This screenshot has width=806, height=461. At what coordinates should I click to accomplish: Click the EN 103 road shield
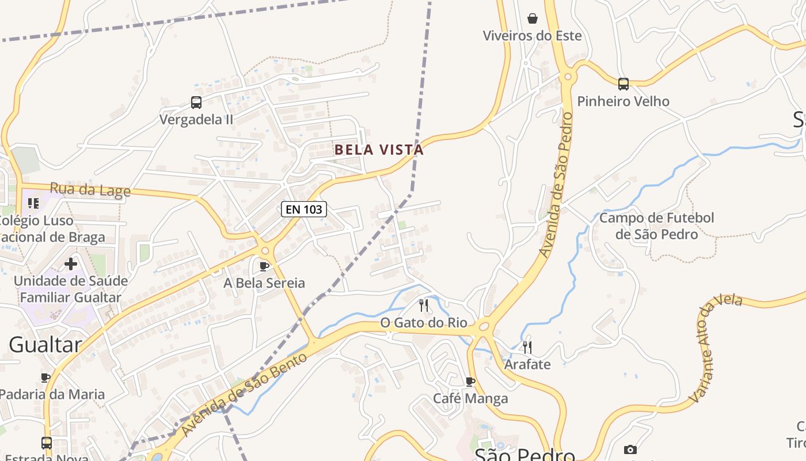point(304,209)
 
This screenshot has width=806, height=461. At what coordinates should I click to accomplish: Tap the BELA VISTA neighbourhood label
point(379,150)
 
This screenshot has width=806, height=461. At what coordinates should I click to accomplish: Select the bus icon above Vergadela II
point(196,103)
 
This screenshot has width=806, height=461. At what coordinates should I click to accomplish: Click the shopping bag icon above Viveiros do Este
point(533,18)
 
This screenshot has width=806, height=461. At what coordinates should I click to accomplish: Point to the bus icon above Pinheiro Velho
point(623,84)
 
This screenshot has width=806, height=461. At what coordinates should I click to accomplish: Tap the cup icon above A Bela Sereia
point(264,266)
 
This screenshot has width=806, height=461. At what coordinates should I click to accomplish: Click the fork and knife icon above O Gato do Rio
point(424,305)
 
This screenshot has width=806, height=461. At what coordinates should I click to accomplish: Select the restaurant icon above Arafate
point(527,347)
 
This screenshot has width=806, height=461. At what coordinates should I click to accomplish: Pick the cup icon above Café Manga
point(470,381)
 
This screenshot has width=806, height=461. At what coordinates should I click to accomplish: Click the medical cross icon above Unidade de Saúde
point(71,264)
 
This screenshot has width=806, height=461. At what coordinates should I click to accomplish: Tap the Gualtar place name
point(45,345)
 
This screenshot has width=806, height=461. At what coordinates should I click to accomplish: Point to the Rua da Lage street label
point(90,190)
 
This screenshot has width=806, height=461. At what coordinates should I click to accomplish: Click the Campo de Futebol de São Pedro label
point(656,226)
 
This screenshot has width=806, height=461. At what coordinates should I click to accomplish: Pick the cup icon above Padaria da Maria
point(45,377)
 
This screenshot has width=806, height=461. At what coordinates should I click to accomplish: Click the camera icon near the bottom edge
point(630,449)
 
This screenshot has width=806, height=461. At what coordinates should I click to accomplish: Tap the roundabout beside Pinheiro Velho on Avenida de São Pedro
point(568,77)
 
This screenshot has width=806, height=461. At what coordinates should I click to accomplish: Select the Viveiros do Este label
point(532,36)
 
